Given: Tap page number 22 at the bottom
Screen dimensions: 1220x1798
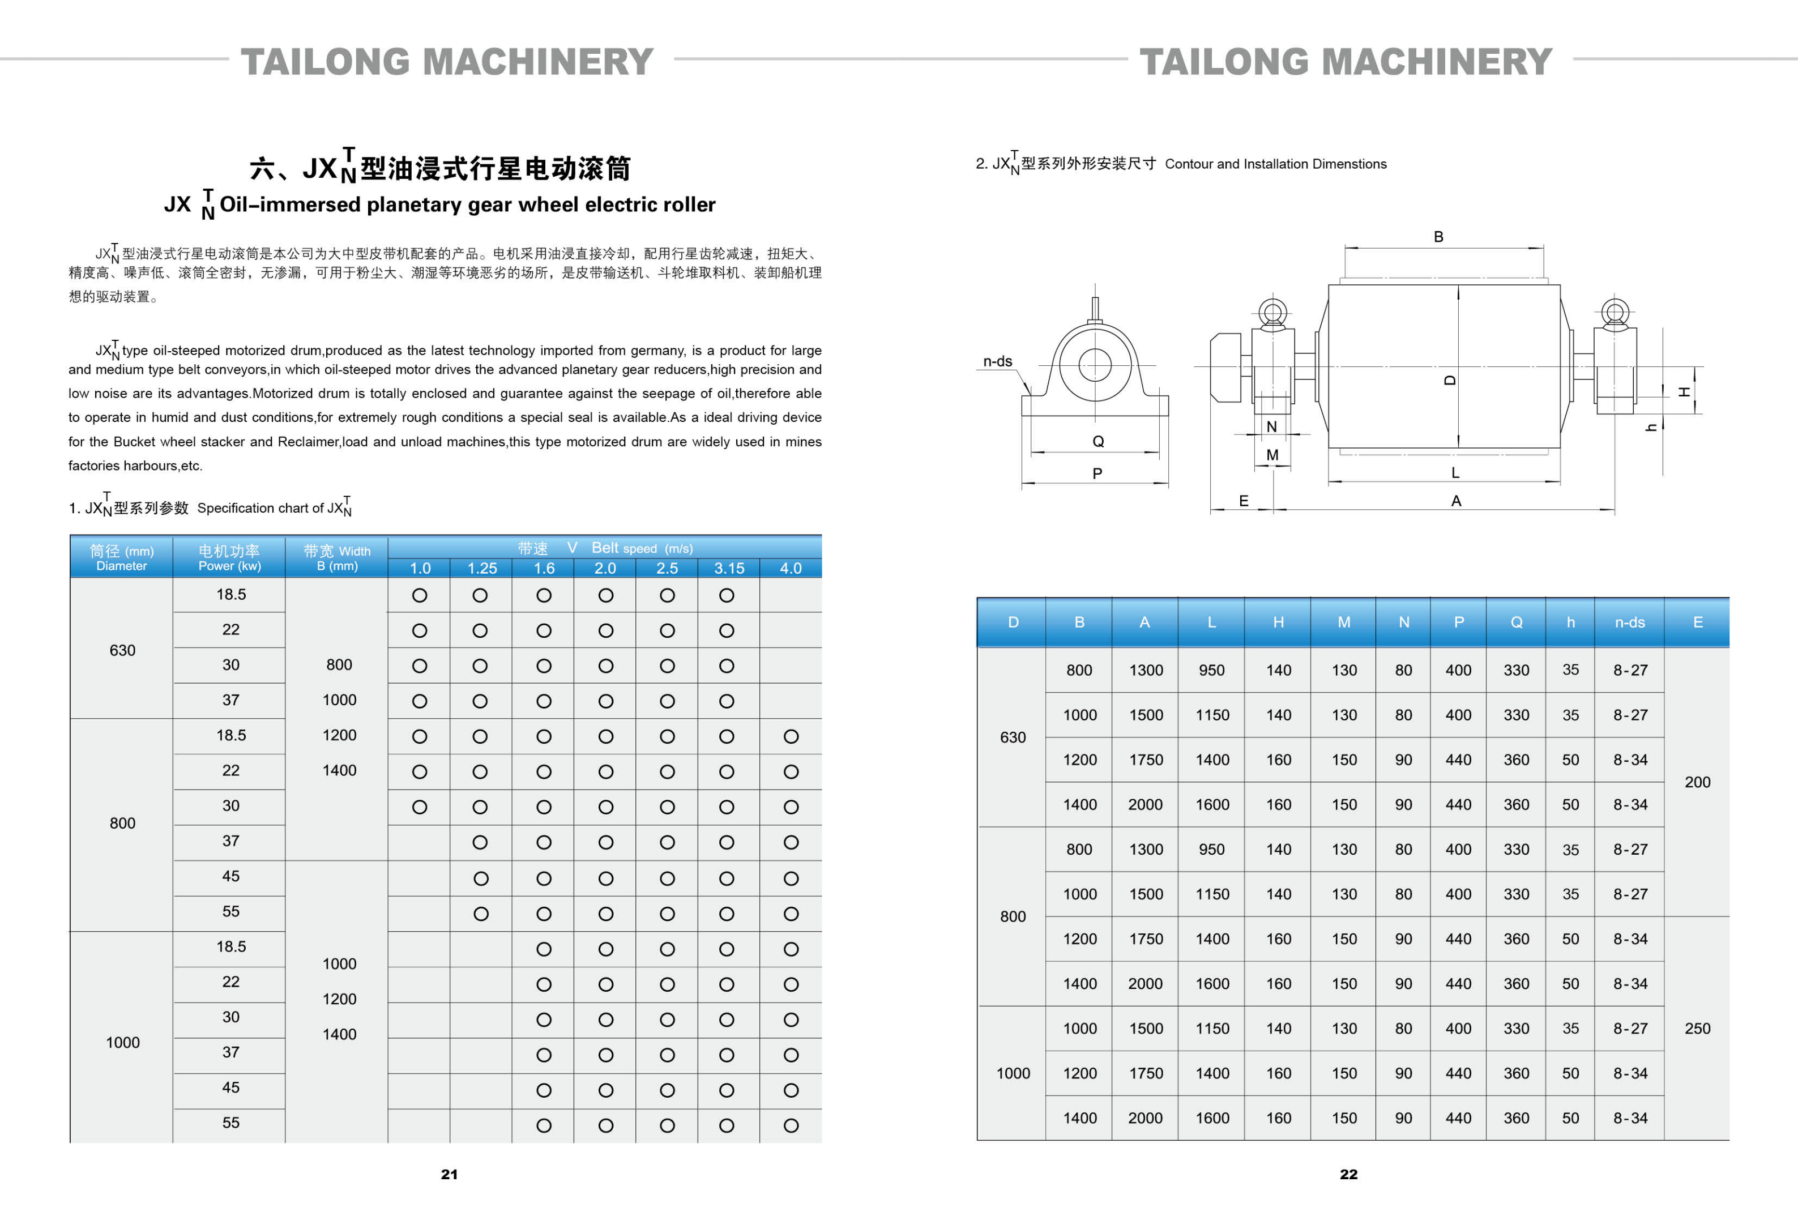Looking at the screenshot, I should click(1348, 1174).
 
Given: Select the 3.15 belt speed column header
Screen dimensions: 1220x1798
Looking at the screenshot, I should click(729, 568).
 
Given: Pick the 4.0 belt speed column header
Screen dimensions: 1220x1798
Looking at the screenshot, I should click(790, 568).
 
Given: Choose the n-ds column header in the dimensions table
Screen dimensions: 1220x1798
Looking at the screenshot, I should click(1629, 622).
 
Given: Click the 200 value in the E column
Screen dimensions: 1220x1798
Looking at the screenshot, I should click(1697, 782).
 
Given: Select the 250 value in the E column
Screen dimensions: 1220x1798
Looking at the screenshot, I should click(1697, 1028).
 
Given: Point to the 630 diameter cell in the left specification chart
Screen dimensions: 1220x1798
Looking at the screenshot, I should click(122, 650).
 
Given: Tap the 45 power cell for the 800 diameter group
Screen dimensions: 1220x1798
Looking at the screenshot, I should click(230, 876).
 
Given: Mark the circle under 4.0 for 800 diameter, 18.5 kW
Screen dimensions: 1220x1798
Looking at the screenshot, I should click(791, 736).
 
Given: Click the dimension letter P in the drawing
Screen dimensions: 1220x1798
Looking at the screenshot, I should click(1097, 474).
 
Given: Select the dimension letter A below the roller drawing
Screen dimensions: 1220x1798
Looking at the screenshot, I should click(1456, 501).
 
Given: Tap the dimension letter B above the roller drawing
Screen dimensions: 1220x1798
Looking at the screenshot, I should click(1438, 237).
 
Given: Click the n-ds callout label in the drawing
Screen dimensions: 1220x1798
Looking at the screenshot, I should click(997, 361).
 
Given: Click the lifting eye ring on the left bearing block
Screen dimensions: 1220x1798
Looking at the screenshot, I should click(1272, 313).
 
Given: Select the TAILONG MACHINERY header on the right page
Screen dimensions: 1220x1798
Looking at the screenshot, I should click(1346, 62).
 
